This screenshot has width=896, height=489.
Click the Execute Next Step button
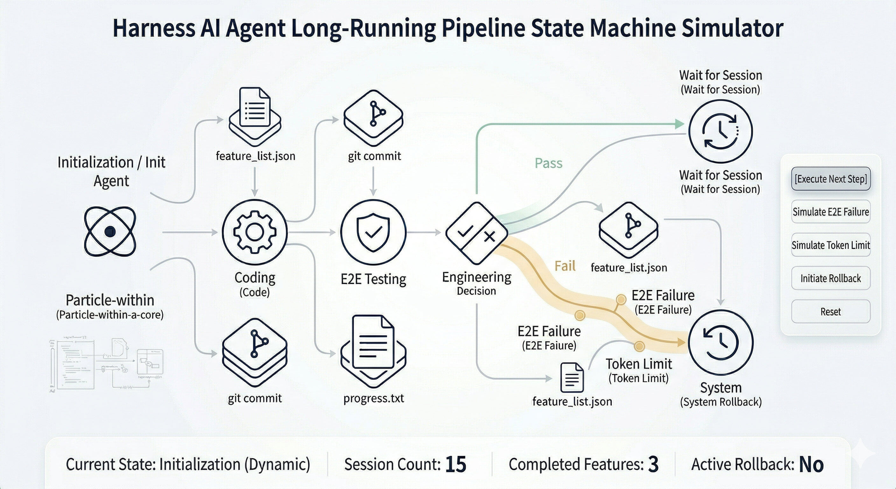pyautogui.click(x=830, y=179)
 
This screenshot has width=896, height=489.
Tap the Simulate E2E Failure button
pyautogui.click(x=830, y=212)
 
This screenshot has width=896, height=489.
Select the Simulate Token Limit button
pyautogui.click(x=830, y=245)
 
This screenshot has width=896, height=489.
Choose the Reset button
pyautogui.click(x=830, y=311)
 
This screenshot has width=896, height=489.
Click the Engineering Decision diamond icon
pyautogui.click(x=477, y=232)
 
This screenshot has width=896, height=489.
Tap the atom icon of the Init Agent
pyautogui.click(x=110, y=231)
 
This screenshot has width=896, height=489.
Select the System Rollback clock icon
pyautogui.click(x=721, y=342)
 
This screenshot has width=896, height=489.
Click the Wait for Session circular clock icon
pyautogui.click(x=721, y=131)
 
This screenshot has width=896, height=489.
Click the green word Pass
pyautogui.click(x=548, y=163)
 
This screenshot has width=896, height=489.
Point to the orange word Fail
pyautogui.click(x=565, y=266)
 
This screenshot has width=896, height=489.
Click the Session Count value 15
pyautogui.click(x=456, y=464)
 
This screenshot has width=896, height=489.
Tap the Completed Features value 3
pyautogui.click(x=653, y=464)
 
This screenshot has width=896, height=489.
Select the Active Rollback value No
pyautogui.click(x=811, y=464)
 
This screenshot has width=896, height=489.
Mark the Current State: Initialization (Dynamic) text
pyautogui.click(x=188, y=464)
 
